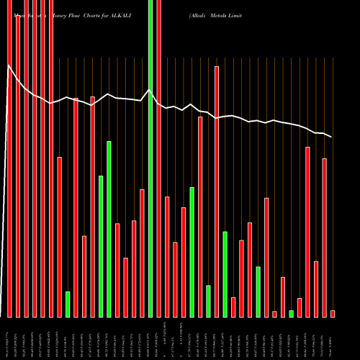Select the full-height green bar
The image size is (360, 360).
click(x=150, y=158)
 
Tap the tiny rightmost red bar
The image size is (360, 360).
click(x=333, y=313)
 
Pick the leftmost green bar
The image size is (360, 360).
click(x=68, y=304)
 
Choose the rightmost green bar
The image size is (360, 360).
click(x=291, y=313)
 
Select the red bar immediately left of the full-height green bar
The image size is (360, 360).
click(x=143, y=253)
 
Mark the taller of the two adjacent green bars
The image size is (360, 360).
click(x=109, y=229)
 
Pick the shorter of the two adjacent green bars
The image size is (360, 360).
click(x=101, y=246)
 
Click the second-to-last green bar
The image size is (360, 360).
click(x=258, y=292)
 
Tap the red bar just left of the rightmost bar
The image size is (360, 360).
click(x=324, y=238)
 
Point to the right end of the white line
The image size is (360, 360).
click(x=331, y=137)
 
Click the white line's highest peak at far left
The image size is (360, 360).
click(x=9, y=66)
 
